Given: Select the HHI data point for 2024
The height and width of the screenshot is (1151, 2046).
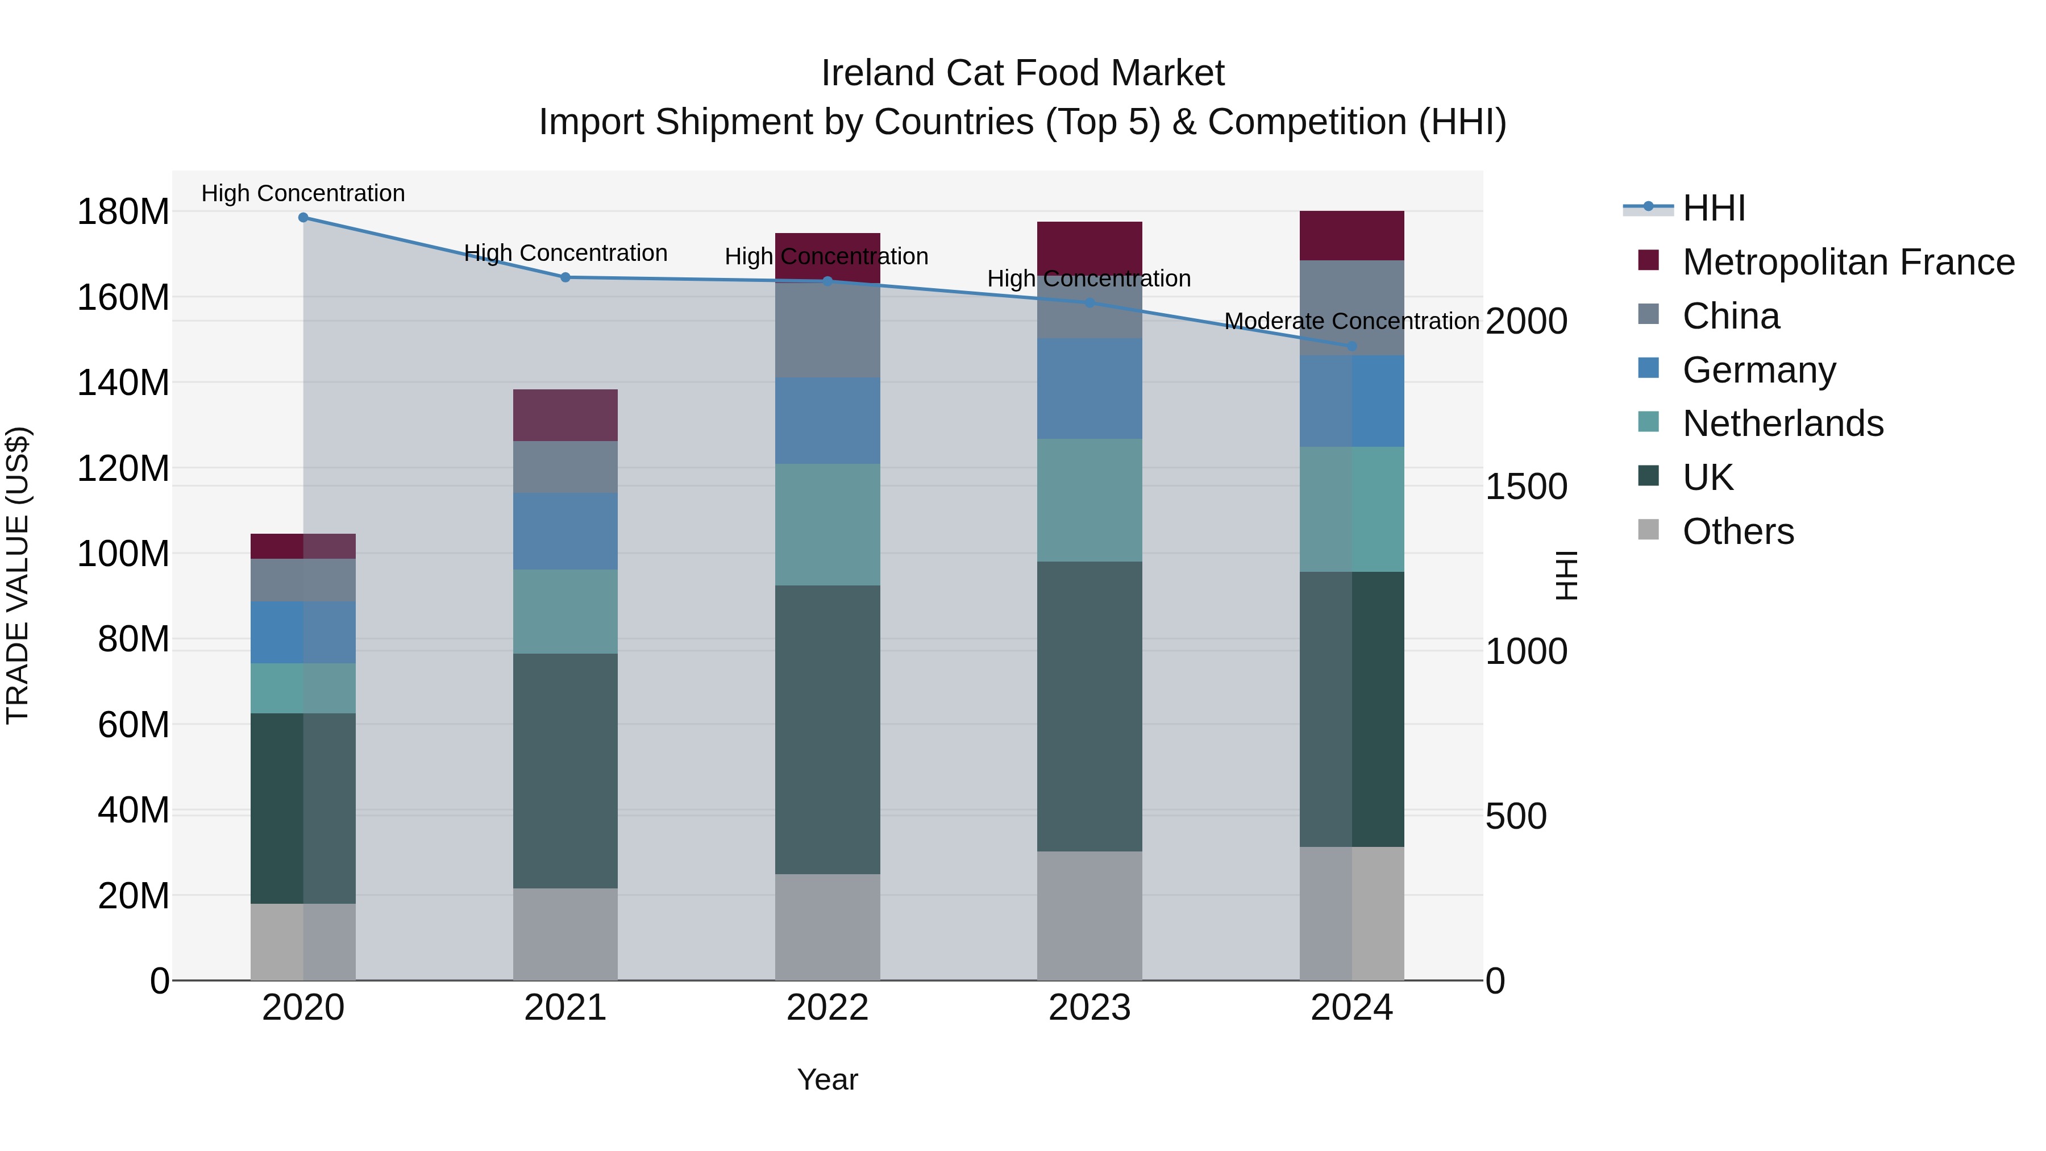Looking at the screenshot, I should [x=1352, y=346].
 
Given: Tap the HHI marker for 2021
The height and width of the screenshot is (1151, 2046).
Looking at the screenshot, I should [x=565, y=277].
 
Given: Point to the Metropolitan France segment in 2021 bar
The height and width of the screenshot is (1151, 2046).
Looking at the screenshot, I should [x=565, y=415].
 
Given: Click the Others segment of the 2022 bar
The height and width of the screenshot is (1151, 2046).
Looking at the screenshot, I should [x=827, y=927].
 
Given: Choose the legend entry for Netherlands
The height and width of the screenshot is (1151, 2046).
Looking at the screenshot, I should [x=1782, y=423].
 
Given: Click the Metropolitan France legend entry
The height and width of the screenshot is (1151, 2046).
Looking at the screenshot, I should [x=1848, y=262].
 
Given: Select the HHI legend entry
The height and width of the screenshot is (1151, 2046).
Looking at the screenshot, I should [x=1713, y=208].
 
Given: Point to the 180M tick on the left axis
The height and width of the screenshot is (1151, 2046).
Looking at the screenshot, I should [x=123, y=212].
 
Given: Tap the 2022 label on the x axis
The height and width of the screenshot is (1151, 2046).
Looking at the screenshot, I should [x=827, y=1008].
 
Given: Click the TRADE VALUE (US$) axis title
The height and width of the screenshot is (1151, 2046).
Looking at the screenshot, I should [x=18, y=575].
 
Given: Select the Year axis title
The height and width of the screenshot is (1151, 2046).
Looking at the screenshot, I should [x=827, y=1079].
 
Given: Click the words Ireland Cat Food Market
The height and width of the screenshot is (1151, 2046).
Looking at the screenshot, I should [x=1022, y=73].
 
